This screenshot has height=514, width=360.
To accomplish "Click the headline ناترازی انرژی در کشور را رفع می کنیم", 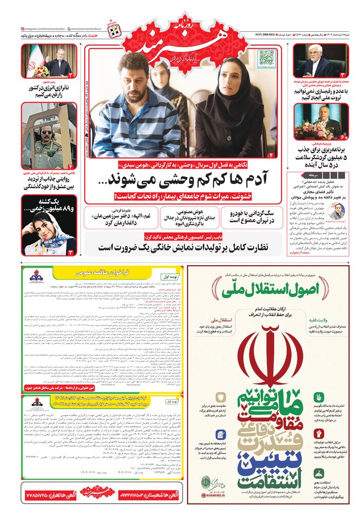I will (x=49, y=91).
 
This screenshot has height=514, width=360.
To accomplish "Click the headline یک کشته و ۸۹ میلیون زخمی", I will (x=49, y=205).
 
